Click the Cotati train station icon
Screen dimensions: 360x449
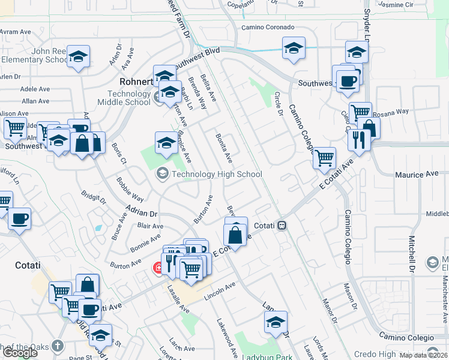point(281,226)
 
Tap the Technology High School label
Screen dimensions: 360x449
point(217,175)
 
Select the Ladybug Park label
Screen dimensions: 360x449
point(267,356)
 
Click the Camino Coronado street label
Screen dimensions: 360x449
point(268,28)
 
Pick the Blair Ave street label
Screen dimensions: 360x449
point(150,226)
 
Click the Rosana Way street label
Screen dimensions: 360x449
point(390,112)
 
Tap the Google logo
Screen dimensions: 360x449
point(20,353)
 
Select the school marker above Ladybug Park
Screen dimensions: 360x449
point(276,322)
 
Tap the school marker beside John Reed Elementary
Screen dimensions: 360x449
point(78,56)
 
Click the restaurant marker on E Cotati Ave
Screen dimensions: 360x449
point(359,140)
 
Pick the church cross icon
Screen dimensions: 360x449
point(57,346)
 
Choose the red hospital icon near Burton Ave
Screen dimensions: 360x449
point(158,267)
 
